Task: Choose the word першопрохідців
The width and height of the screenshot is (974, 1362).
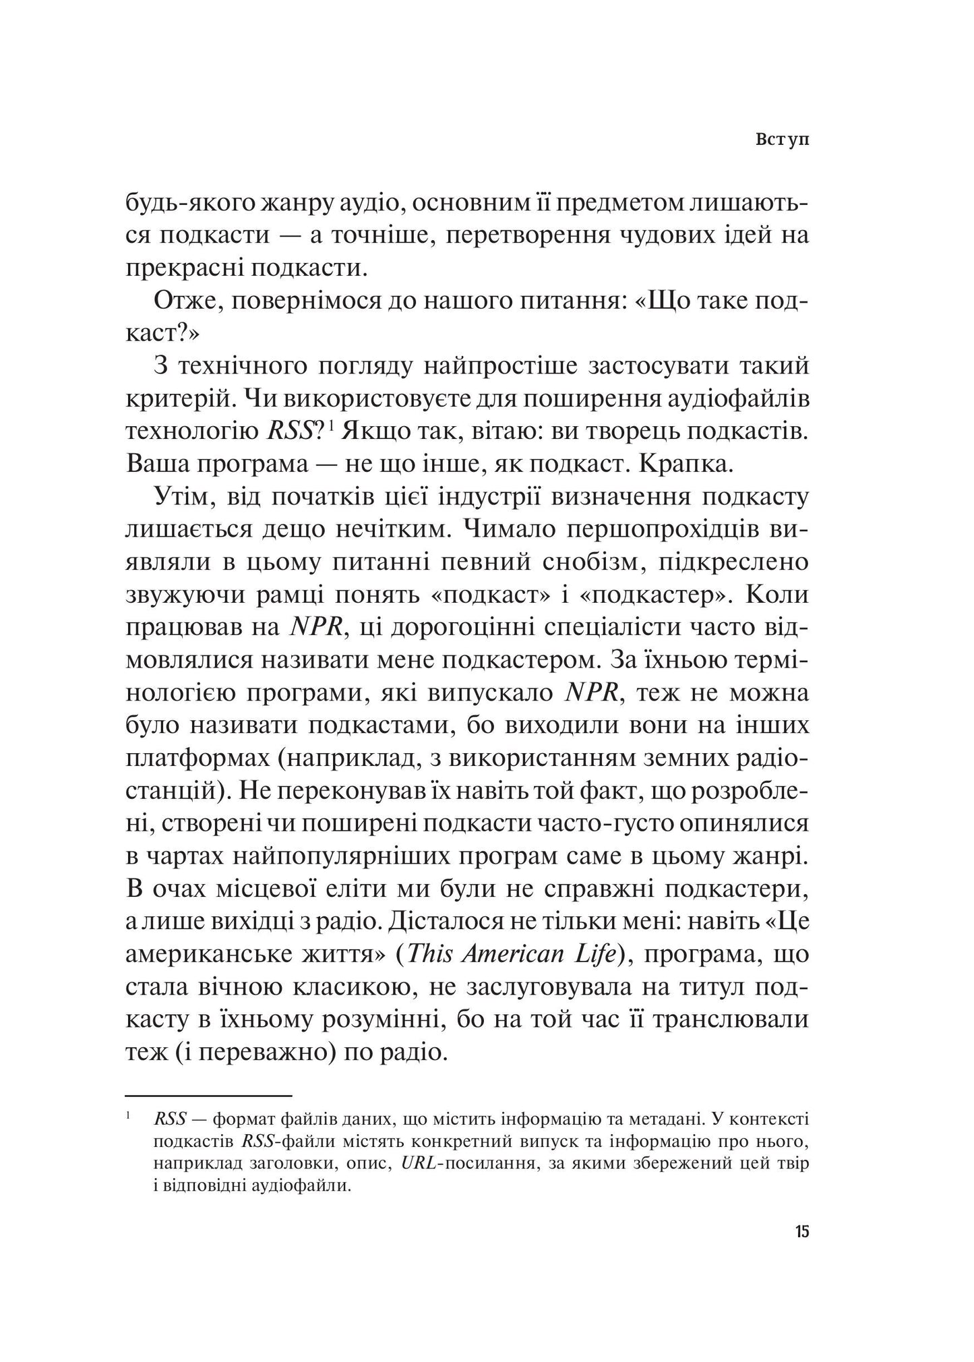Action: tap(665, 530)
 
